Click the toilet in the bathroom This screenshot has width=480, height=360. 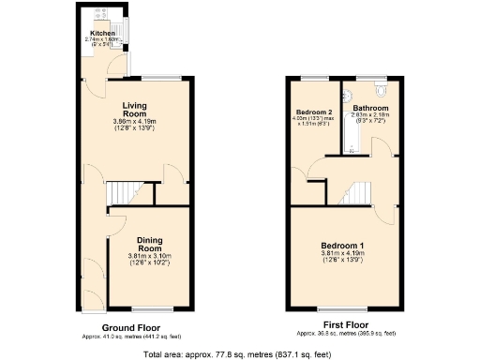pyautogui.click(x=380, y=90)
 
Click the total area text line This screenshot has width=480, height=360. pyautogui.click(x=239, y=353)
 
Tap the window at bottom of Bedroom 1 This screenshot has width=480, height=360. pyautogui.click(x=341, y=308)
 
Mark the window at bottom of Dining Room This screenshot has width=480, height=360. pyautogui.click(x=147, y=308)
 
